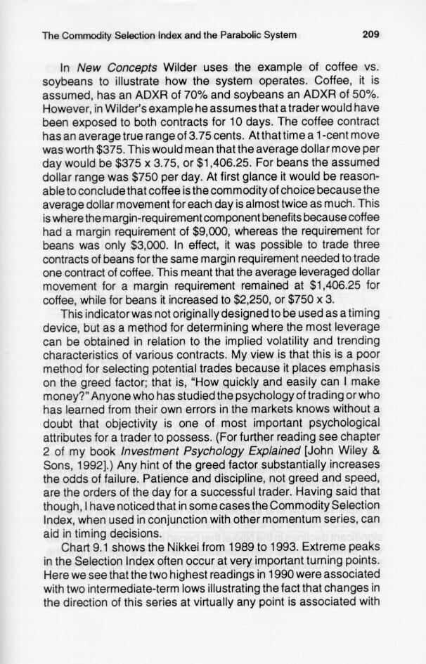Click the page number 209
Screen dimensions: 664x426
[x=368, y=34]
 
